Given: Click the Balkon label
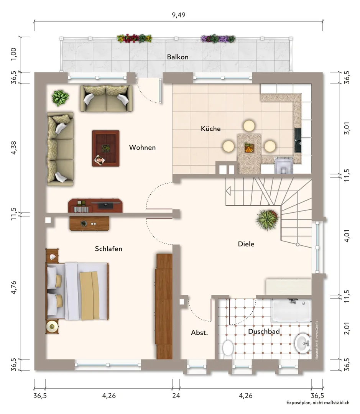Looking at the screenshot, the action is (x=178, y=57).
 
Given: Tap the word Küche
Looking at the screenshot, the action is (x=210, y=128).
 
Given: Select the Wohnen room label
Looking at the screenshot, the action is (x=142, y=147).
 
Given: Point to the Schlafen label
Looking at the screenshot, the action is (x=108, y=249).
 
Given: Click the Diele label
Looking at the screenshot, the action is (x=246, y=244).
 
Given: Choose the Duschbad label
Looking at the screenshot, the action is (x=264, y=331).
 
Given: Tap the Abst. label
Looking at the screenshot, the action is (x=199, y=333).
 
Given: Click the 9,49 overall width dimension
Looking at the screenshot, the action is (x=179, y=15).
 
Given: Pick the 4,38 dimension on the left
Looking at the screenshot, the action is (x=13, y=148).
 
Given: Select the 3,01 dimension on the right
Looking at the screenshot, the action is (x=347, y=128).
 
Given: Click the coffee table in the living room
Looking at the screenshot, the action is (x=106, y=148).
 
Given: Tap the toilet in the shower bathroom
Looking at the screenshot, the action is (x=227, y=348).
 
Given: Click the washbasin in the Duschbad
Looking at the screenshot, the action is (x=303, y=343).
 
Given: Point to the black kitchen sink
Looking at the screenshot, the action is (x=298, y=140).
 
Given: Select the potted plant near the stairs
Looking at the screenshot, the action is (x=267, y=219).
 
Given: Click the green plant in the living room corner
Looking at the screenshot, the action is (x=61, y=98).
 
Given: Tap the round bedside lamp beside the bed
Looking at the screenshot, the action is (x=52, y=327).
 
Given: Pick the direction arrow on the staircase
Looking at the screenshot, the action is (x=228, y=191).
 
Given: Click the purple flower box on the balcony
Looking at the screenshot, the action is (x=218, y=39).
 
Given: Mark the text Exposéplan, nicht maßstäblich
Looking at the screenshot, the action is (x=318, y=402).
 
